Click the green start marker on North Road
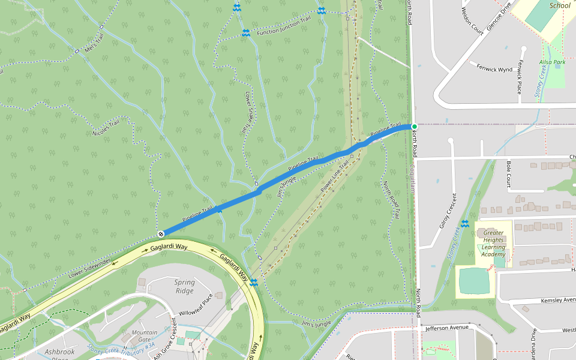click(x=414, y=126)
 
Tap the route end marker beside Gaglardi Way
click(x=161, y=233)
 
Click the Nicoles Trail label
click(x=110, y=131)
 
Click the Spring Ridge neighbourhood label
click(x=184, y=286)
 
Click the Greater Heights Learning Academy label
click(x=494, y=243)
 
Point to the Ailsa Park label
click(x=552, y=62)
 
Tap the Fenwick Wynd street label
click(x=494, y=69)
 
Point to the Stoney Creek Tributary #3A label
click(x=121, y=347)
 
